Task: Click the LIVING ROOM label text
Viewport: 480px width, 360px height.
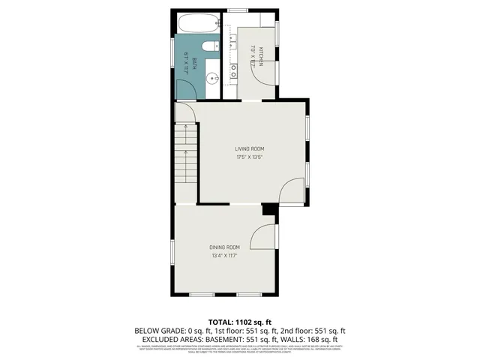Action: coord(250,148)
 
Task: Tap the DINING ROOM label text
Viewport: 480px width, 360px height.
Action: coord(224,247)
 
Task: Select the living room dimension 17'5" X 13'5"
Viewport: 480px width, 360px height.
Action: coord(250,157)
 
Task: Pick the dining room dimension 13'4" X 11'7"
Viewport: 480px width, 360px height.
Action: coord(224,256)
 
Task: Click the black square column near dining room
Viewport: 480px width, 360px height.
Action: coord(266,211)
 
